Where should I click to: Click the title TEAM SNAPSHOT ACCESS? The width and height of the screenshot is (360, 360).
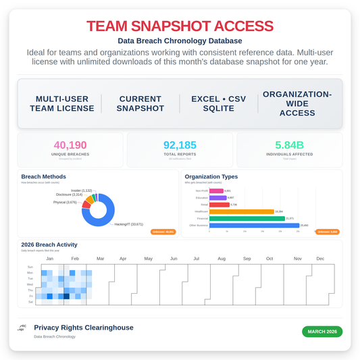click(x=180, y=26)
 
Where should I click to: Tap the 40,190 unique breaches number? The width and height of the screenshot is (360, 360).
click(x=71, y=145)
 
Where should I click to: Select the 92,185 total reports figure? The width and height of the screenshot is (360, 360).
click(x=180, y=145)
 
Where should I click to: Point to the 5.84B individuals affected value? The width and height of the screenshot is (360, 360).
click(x=289, y=145)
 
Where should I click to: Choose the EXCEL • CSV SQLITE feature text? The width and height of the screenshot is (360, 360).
click(x=219, y=103)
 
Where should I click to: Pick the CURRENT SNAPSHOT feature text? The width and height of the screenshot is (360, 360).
click(x=140, y=103)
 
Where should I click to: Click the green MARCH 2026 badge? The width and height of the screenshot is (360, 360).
click(x=322, y=332)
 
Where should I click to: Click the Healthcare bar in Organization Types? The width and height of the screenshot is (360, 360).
click(x=241, y=211)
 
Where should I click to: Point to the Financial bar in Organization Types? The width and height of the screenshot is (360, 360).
click(x=247, y=218)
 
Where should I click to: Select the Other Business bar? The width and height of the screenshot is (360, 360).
click(x=254, y=225)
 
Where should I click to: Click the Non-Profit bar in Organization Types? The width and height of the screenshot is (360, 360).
click(x=216, y=190)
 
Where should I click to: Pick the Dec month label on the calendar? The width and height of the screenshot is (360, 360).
click(x=320, y=259)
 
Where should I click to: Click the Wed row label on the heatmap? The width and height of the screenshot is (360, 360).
click(x=30, y=284)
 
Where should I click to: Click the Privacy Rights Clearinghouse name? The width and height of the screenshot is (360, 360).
click(x=83, y=328)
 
